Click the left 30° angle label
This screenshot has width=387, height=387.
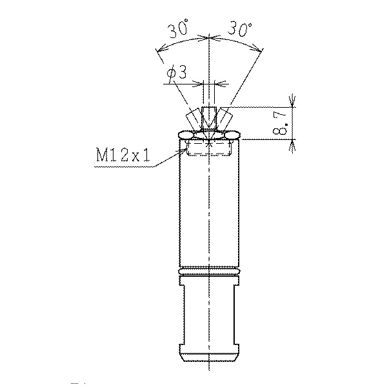(178, 28)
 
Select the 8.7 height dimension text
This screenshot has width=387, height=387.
(280, 123)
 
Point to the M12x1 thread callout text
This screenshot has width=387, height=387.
(123, 155)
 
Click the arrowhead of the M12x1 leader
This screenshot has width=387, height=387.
(183, 150)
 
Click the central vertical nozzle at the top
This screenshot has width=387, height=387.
(209, 118)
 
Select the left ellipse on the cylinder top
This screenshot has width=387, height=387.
(187, 135)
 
